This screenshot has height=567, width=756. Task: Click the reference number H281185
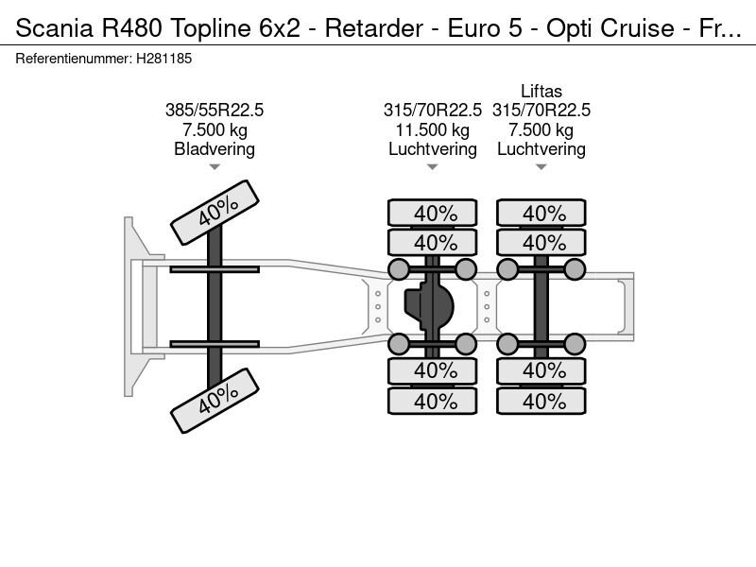(x=165, y=59)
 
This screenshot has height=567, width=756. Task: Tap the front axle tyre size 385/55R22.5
(x=215, y=111)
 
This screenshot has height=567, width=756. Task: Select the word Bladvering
(x=215, y=149)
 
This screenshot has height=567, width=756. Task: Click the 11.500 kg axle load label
(x=433, y=130)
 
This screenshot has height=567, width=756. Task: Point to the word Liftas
(x=541, y=92)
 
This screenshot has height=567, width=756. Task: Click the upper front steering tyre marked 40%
(x=215, y=213)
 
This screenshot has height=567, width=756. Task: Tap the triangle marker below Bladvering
(x=215, y=167)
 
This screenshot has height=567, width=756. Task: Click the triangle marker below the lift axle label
(x=541, y=167)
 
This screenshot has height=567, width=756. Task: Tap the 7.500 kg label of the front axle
(x=215, y=130)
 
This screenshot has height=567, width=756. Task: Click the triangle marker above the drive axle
(x=433, y=167)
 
